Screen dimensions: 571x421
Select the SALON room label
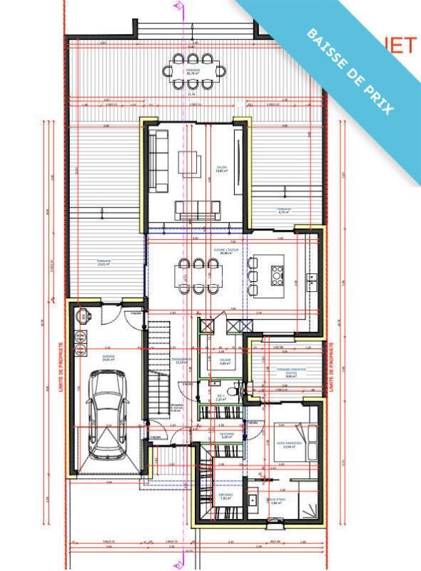coord(221,169)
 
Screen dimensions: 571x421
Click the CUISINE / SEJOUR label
coord(228,251)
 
